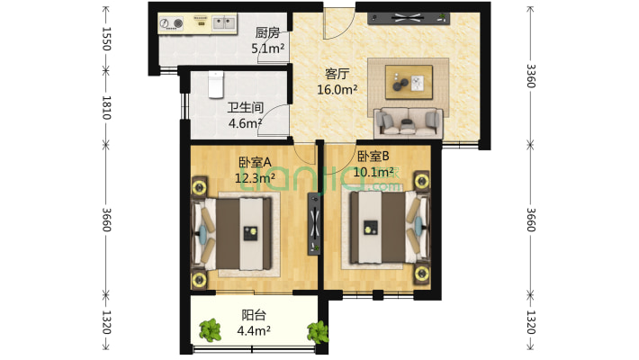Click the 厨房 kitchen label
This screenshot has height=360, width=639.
pyautogui.click(x=267, y=32)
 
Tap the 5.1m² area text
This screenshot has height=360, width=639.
pyautogui.click(x=267, y=49)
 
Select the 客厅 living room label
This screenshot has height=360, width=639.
pyautogui.click(x=337, y=74)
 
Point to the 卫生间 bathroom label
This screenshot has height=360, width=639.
pyautogui.click(x=246, y=108)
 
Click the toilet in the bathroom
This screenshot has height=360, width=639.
pyautogui.click(x=216, y=85)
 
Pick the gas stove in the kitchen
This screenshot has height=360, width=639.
pyautogui.click(x=171, y=23)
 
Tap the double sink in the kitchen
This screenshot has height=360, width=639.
pyautogui.click(x=224, y=23)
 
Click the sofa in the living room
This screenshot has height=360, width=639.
pyautogui.click(x=408, y=121)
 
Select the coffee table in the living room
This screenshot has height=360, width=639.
pyautogui.click(x=409, y=82)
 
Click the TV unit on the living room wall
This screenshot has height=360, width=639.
pyautogui.click(x=409, y=18)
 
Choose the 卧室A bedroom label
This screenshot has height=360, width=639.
pyautogui.click(x=255, y=162)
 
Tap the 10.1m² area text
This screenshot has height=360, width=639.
pyautogui.click(x=373, y=172)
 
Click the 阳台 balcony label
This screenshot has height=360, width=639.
pyautogui.click(x=254, y=315)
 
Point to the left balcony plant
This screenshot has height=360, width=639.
pyautogui.click(x=210, y=330)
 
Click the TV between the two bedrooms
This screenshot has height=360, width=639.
pyautogui.click(x=314, y=224)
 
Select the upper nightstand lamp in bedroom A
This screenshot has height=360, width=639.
pyautogui.click(x=199, y=187)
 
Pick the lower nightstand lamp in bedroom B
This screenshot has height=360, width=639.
pyautogui.click(x=422, y=274)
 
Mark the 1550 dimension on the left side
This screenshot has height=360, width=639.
pyautogui.click(x=106, y=39)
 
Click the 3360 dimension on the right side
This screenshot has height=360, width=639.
pyautogui.click(x=531, y=76)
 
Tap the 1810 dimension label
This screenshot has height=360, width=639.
pyautogui.click(x=106, y=108)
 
